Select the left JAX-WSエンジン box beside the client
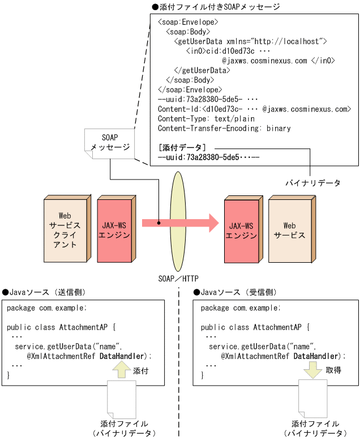115,223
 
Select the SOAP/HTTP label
178,278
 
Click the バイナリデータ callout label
312,183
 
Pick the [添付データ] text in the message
182,148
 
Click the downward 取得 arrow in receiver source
312,371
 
